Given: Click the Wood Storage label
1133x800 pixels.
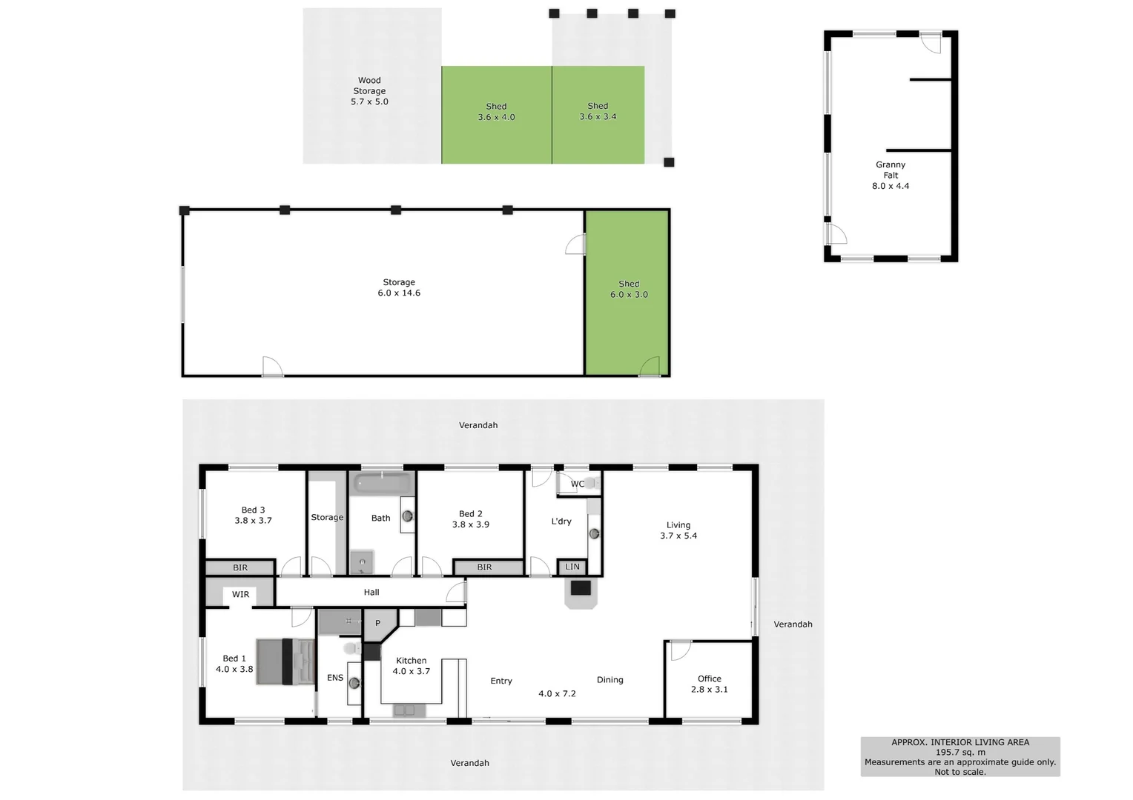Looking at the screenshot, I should point(369,85).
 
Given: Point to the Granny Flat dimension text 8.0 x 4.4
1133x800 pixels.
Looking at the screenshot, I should point(891,186).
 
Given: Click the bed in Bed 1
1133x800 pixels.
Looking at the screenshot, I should point(285,661).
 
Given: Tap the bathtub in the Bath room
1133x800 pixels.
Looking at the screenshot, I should point(382,484).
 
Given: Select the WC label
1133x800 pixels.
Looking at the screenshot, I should point(577,484).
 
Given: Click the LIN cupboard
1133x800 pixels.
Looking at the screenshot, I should point(572,567).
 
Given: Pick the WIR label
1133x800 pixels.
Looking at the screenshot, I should point(240,594).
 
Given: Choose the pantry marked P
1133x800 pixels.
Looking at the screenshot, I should point(377,623).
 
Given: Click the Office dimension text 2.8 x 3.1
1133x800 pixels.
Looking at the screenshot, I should point(710,690).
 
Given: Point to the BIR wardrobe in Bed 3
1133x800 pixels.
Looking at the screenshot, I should point(240,567).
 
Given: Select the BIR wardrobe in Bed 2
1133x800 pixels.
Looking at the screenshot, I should point(484,567).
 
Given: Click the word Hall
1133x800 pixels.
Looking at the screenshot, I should point(371,593).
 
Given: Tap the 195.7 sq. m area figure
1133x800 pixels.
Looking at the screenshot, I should point(960,752).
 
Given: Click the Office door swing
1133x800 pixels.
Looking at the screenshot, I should point(678,650).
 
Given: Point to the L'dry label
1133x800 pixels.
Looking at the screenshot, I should point(561,521).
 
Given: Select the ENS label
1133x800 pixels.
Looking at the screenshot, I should point(335,678).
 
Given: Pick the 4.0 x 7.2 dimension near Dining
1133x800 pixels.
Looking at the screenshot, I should point(557,694).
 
